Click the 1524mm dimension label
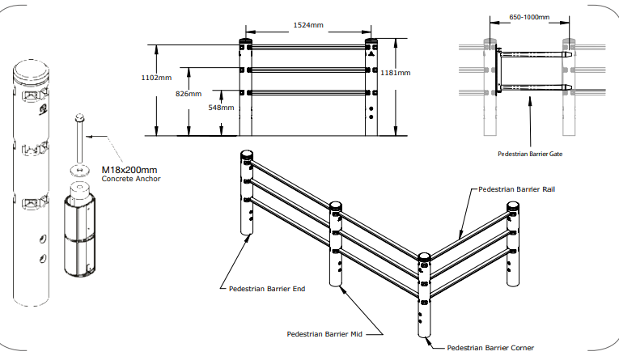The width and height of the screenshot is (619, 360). [308, 26]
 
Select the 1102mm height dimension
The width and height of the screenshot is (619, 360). [156, 78]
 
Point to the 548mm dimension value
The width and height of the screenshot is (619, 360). [221, 107]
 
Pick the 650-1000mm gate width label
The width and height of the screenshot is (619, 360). [530, 16]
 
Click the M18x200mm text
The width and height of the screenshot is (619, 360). [129, 170]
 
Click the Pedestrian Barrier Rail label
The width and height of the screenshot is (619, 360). [516, 189]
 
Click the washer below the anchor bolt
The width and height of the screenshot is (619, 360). [78, 170]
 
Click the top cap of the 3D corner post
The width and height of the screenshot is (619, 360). [424, 260]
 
